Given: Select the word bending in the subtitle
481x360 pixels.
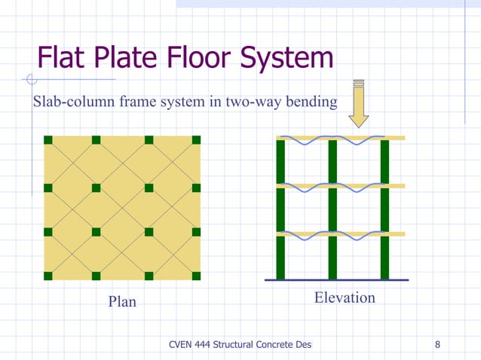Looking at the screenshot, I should coord(309,102).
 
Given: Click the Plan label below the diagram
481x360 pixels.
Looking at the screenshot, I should coord(122,301).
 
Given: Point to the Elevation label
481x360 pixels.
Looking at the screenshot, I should coord(345,297).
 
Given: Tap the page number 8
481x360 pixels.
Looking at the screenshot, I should coord(438,345).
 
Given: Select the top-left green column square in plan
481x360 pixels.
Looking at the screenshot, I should coord(48,140).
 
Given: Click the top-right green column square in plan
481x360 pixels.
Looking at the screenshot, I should coord(196,140).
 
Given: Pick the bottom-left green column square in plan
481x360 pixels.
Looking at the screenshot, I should coord(48,275).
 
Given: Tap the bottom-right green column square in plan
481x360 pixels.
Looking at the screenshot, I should coord(196,275).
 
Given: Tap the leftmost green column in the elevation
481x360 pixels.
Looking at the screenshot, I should coord(280,211).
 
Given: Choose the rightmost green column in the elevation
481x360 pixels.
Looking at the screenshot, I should coord(384,211).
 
